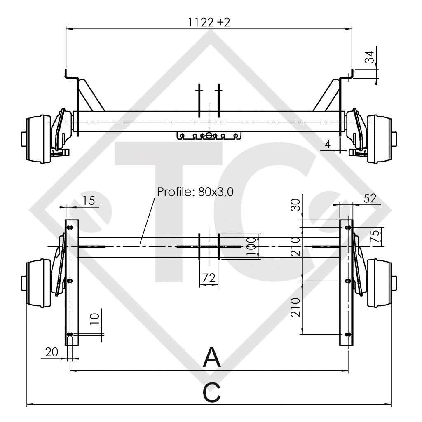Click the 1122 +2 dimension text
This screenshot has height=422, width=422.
click(x=209, y=23)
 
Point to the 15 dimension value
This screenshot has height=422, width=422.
click(x=88, y=200)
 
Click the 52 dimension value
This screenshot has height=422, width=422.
click(x=370, y=198)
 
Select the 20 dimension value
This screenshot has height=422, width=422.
click(x=52, y=352)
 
